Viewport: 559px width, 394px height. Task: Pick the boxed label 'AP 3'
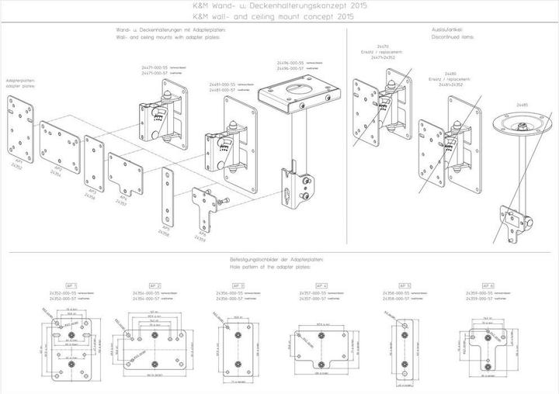click(238, 285)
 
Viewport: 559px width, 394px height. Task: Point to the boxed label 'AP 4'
click(321, 285)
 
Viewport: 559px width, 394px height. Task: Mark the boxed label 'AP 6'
click(488, 285)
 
